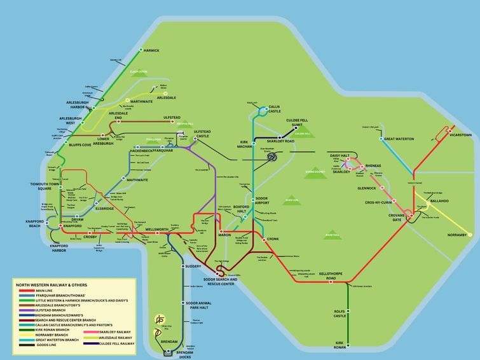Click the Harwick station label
coord(151,50)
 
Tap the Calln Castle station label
coord(274,109)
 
